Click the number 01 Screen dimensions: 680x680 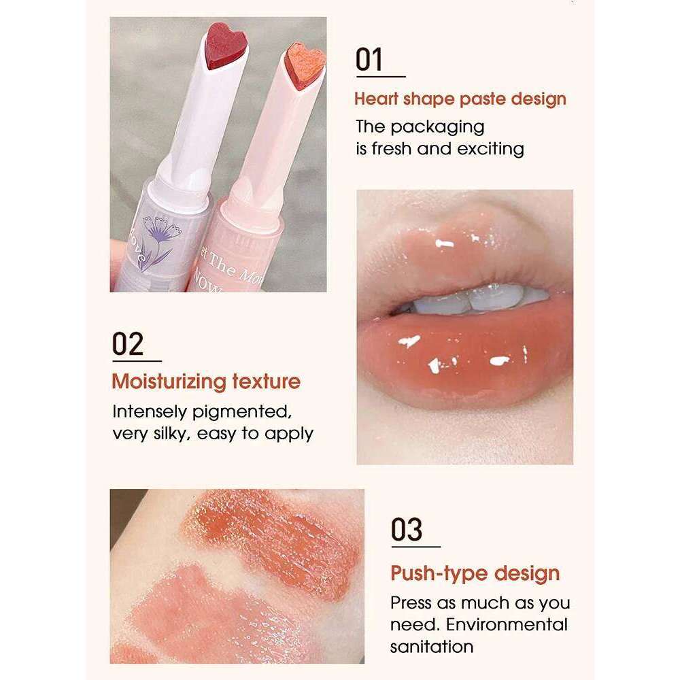(370, 60)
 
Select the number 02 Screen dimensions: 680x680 (128, 344)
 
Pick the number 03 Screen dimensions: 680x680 (407, 530)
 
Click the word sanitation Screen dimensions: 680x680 (431, 646)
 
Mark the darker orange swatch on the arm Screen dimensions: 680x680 (286, 537)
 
